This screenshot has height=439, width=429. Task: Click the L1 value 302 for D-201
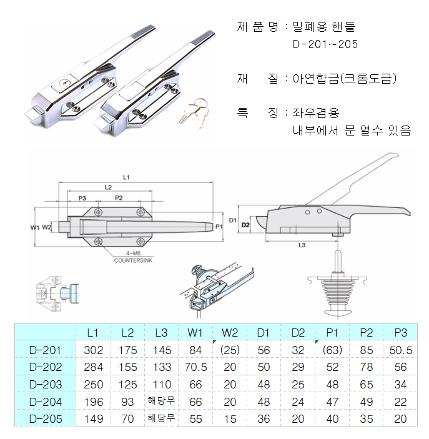94,350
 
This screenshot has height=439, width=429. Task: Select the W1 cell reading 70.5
196,367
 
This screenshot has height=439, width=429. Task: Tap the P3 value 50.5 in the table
400,350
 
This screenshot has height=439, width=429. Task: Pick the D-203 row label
46,384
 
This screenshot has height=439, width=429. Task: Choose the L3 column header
162,332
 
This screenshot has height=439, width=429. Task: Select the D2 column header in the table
298,332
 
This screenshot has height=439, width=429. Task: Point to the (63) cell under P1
332,350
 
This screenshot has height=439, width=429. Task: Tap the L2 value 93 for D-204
127,402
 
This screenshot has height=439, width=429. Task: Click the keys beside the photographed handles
192,111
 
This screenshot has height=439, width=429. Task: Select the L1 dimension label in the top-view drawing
126,178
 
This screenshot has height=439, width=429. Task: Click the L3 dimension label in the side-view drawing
302,245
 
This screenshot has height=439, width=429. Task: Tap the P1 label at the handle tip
218,226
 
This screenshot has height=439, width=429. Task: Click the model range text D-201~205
325,44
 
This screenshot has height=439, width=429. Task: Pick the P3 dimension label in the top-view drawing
82,197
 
